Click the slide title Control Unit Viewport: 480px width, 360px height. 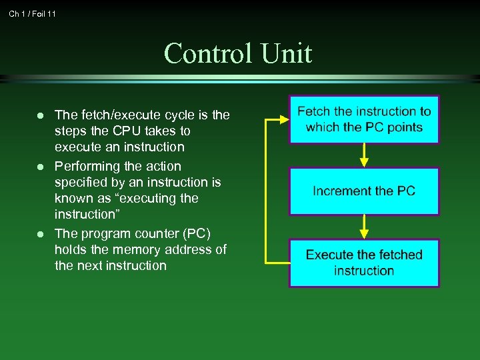click(238, 53)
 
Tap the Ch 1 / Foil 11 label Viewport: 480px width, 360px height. click(33, 13)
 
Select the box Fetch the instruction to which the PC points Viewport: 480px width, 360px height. click(364, 120)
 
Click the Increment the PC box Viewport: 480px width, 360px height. click(364, 191)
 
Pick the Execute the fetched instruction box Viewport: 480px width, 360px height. click(364, 263)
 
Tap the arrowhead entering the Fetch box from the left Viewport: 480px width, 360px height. click(283, 120)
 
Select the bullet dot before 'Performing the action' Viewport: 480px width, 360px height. click(40, 167)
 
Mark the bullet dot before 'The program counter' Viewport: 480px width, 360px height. click(40, 234)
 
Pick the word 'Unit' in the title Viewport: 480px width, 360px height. click(287, 53)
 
